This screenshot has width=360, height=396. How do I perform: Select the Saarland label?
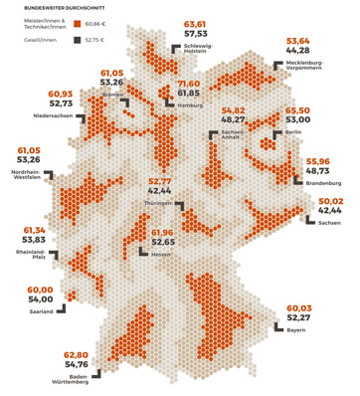pos(40,311)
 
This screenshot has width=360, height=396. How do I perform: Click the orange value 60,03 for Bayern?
pos(300,308)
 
